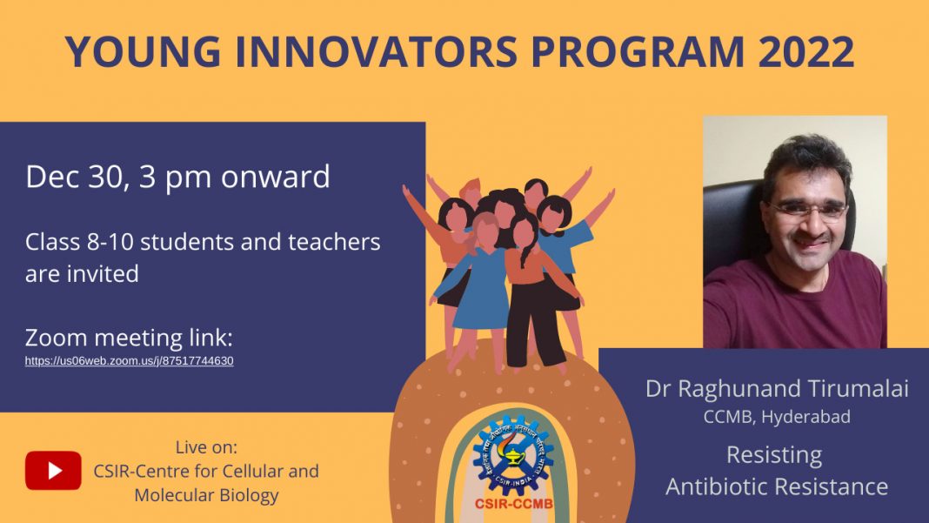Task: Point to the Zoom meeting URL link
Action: pos(129,360)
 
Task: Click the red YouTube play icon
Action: pos(53,471)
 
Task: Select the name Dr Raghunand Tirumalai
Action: pos(777,389)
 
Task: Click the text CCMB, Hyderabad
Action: pos(777,417)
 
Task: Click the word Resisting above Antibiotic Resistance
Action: pos(774,454)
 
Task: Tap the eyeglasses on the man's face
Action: pos(808,210)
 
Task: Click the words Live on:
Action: pos(206,447)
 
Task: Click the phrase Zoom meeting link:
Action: pos(129,338)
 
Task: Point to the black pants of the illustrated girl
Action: pos(535,321)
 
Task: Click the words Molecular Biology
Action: pos(206,495)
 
